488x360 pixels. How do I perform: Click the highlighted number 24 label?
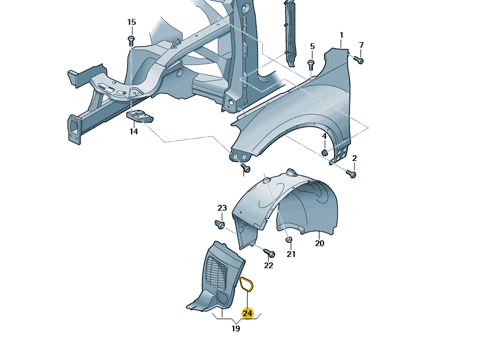(248, 314)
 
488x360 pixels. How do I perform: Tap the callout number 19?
(236, 329)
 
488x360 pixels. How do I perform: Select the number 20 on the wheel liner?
(319, 244)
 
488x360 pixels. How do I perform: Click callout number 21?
(291, 254)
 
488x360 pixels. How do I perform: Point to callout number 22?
(269, 266)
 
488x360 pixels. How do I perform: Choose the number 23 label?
(222, 208)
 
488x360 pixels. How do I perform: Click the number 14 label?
(134, 132)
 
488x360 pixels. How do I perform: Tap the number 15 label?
(132, 22)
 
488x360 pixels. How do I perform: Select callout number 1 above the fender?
(342, 35)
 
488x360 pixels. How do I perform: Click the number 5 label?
(312, 46)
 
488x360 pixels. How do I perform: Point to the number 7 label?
(361, 45)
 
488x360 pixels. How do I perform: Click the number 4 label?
(324, 137)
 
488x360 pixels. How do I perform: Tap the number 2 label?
(354, 158)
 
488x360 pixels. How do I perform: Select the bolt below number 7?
(359, 59)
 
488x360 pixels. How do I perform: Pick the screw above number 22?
(270, 253)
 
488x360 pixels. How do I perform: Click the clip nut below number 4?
(324, 152)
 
